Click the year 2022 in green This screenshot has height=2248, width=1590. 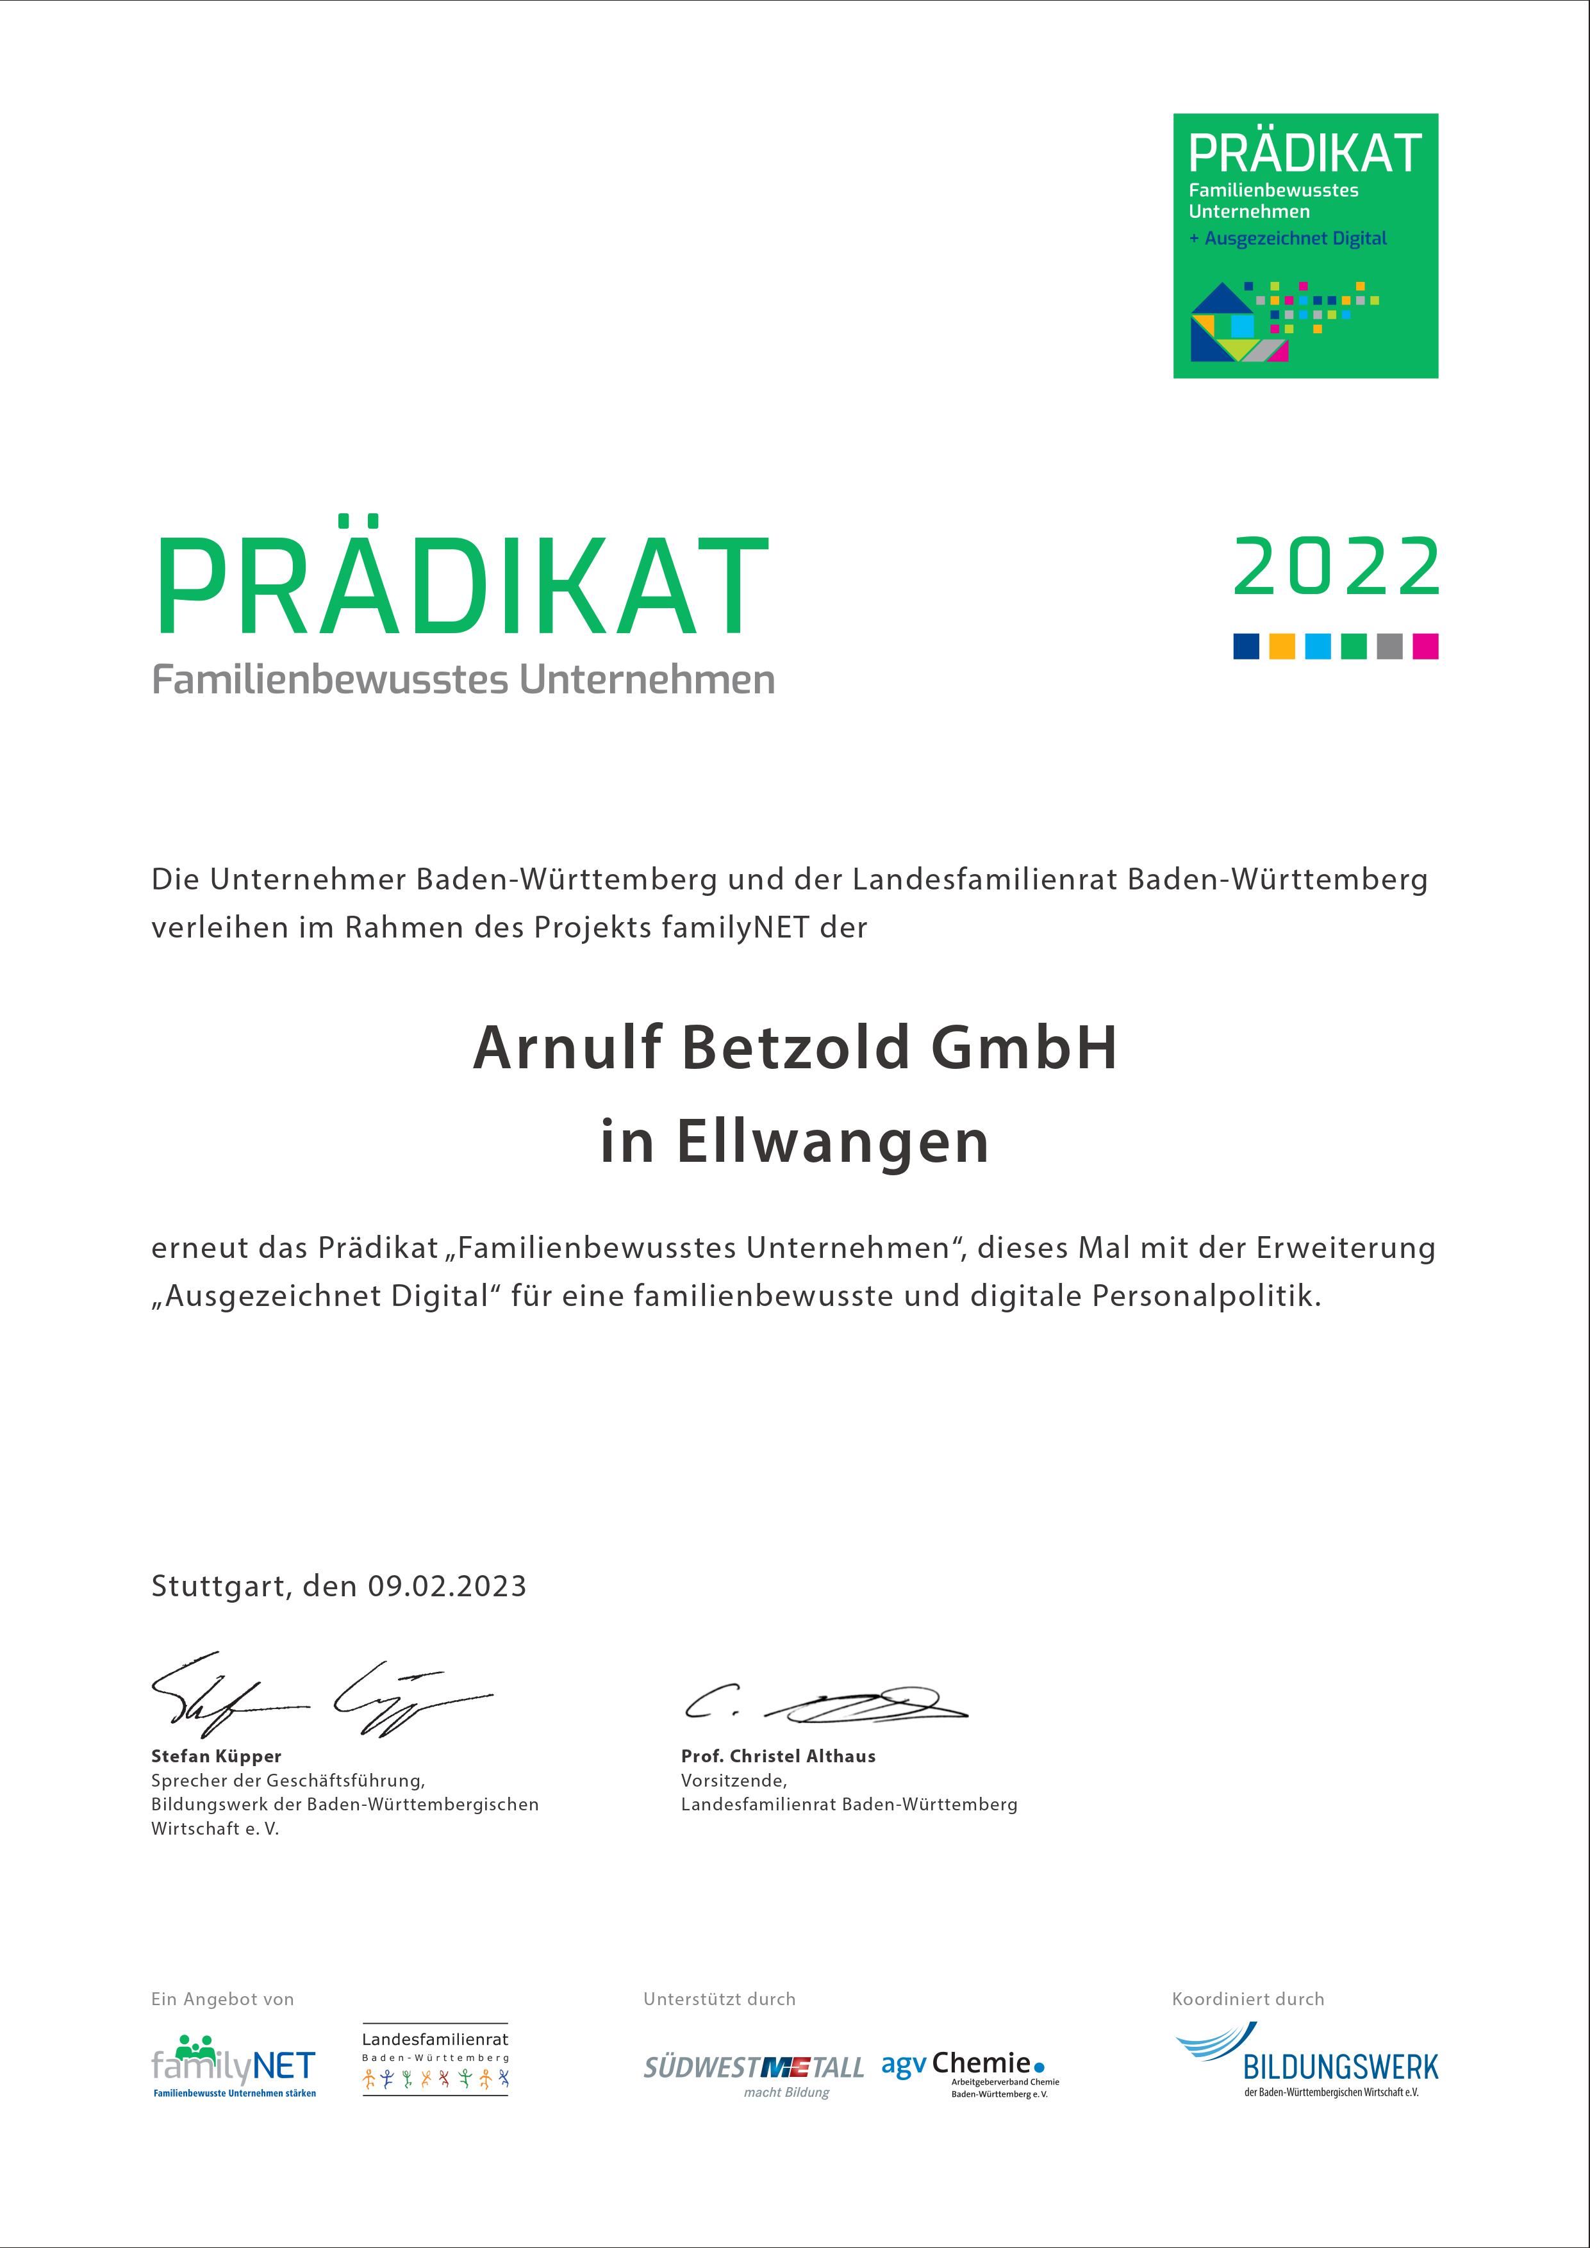[x=1336, y=567]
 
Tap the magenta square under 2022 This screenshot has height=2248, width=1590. [x=1425, y=646]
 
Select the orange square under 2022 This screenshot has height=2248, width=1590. [x=1282, y=646]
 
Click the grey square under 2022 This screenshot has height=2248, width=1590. [x=1389, y=646]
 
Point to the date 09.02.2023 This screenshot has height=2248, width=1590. [x=447, y=1586]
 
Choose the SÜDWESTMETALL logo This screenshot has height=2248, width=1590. [x=754, y=2070]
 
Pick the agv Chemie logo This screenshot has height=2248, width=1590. [x=969, y=2070]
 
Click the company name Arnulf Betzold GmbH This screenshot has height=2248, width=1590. [x=795, y=1048]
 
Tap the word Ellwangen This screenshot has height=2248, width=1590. [x=832, y=1142]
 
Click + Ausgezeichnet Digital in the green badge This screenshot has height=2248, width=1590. [x=1288, y=238]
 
